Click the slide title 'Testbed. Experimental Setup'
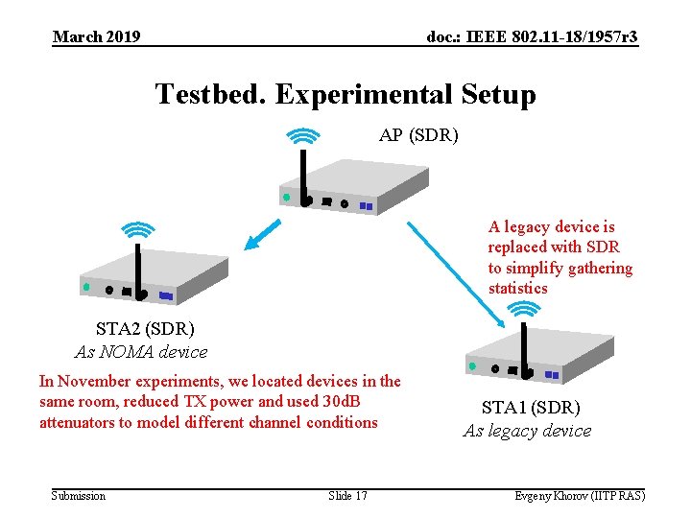coord(345,95)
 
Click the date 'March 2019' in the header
coord(96,36)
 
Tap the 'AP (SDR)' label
coord(418,135)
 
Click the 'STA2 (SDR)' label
coord(144,330)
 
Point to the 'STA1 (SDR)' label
coord(531,408)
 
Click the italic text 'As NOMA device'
coord(140,352)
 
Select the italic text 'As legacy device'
coord(527,431)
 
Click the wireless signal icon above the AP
coord(303,136)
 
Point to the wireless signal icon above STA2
coord(139,229)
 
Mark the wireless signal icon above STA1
coord(523,308)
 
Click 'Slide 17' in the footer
coord(347,495)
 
